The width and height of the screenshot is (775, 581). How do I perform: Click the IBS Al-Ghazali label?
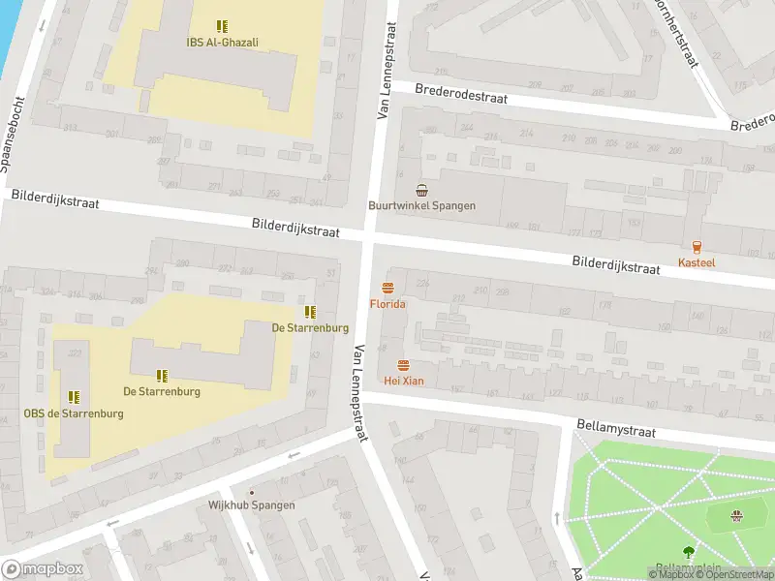[x=222, y=42]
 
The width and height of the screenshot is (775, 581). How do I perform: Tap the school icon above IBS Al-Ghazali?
[x=222, y=26]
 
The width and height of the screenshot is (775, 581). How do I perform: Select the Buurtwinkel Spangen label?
[x=420, y=205]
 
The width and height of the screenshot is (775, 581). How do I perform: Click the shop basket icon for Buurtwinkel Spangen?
[x=420, y=190]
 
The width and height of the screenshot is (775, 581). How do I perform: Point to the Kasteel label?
[x=697, y=262]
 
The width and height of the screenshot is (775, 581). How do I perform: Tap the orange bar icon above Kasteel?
[x=697, y=247]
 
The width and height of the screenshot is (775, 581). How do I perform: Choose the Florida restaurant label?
[x=387, y=304]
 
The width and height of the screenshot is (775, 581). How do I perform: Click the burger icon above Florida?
[x=387, y=288]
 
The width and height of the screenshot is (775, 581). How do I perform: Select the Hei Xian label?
[x=403, y=381]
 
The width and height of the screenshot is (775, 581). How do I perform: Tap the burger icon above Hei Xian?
[x=403, y=365]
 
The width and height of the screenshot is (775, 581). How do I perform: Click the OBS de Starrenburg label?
[x=74, y=413]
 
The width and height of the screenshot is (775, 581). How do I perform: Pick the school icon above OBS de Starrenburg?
[x=74, y=397]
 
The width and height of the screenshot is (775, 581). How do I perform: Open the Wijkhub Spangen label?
[x=252, y=505]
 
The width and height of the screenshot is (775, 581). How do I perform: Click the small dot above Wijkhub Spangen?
[x=252, y=492]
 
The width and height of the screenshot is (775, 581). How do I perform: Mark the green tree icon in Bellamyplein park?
[x=688, y=552]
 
